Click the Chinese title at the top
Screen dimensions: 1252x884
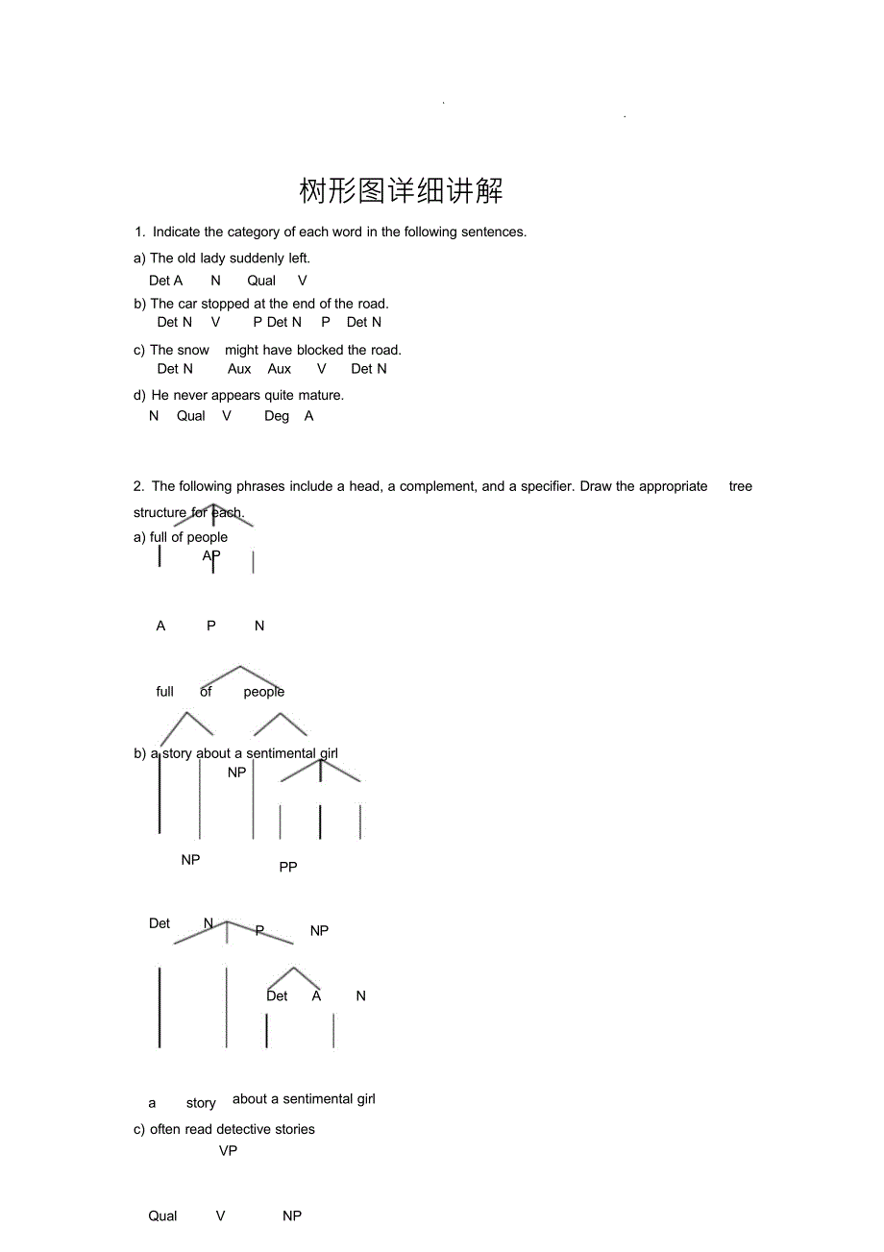tap(401, 190)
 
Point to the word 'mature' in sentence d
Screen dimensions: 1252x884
tap(319, 395)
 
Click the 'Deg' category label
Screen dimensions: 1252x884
tap(277, 416)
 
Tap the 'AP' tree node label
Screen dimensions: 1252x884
tap(211, 555)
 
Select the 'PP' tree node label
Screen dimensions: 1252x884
tap(288, 867)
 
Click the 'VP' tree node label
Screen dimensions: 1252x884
tap(228, 1150)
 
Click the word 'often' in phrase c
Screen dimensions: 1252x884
tap(165, 1129)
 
